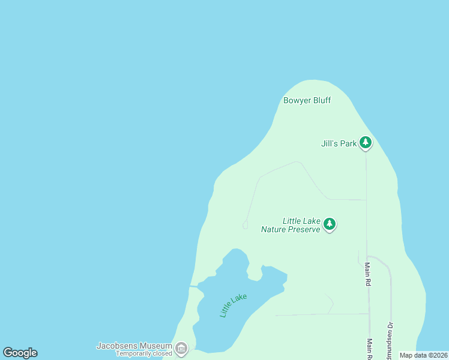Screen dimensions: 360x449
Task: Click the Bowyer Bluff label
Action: [307, 100]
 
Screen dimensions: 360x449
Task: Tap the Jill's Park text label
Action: [339, 143]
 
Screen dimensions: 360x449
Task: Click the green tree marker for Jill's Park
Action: [366, 143]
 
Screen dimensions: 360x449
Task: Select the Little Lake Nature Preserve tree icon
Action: [329, 224]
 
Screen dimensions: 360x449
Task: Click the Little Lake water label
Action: [233, 305]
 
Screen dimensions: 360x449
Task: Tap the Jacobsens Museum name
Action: [134, 346]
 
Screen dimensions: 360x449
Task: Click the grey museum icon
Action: [181, 348]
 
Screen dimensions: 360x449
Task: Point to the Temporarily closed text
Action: [144, 353]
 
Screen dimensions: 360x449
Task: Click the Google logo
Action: [20, 353]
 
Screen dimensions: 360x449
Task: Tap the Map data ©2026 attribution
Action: [424, 355]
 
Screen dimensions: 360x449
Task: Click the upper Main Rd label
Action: [367, 274]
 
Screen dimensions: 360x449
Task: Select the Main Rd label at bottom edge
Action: [370, 349]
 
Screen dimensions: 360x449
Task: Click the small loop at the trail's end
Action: [245, 225]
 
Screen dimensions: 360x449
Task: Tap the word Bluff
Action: [321, 100]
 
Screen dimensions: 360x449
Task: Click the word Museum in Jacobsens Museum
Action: [156, 346]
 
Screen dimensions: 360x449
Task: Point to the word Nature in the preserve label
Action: [274, 229]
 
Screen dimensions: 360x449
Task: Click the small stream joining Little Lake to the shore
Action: [194, 287]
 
